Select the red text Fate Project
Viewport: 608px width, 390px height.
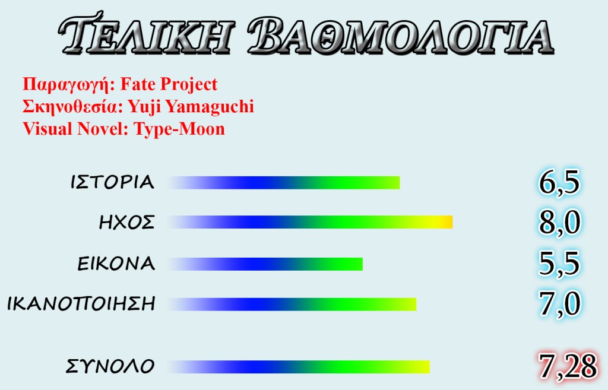pyautogui.click(x=169, y=84)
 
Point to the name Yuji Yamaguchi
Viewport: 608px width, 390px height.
pyautogui.click(x=191, y=107)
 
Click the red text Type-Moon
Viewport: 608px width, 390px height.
pyautogui.click(x=179, y=129)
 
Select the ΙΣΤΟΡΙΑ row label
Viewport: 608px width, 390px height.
pyautogui.click(x=112, y=182)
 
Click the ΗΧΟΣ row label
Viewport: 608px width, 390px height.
pyautogui.click(x=127, y=222)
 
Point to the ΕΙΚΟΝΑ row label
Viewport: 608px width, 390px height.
pyautogui.click(x=116, y=264)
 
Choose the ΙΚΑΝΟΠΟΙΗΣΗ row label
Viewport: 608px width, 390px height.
pyautogui.click(x=81, y=303)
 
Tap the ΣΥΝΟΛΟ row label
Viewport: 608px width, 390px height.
pyautogui.click(x=110, y=366)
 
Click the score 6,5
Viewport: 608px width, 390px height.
pyautogui.click(x=559, y=182)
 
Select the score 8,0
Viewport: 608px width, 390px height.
pyautogui.click(x=559, y=222)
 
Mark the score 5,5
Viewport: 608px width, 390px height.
pyautogui.click(x=559, y=264)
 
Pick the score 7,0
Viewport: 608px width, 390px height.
pyautogui.click(x=559, y=303)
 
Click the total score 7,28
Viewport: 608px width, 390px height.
pyautogui.click(x=567, y=366)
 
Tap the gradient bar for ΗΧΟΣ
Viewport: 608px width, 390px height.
pyautogui.click(x=310, y=222)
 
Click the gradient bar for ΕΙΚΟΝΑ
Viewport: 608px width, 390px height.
pyautogui.click(x=265, y=264)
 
